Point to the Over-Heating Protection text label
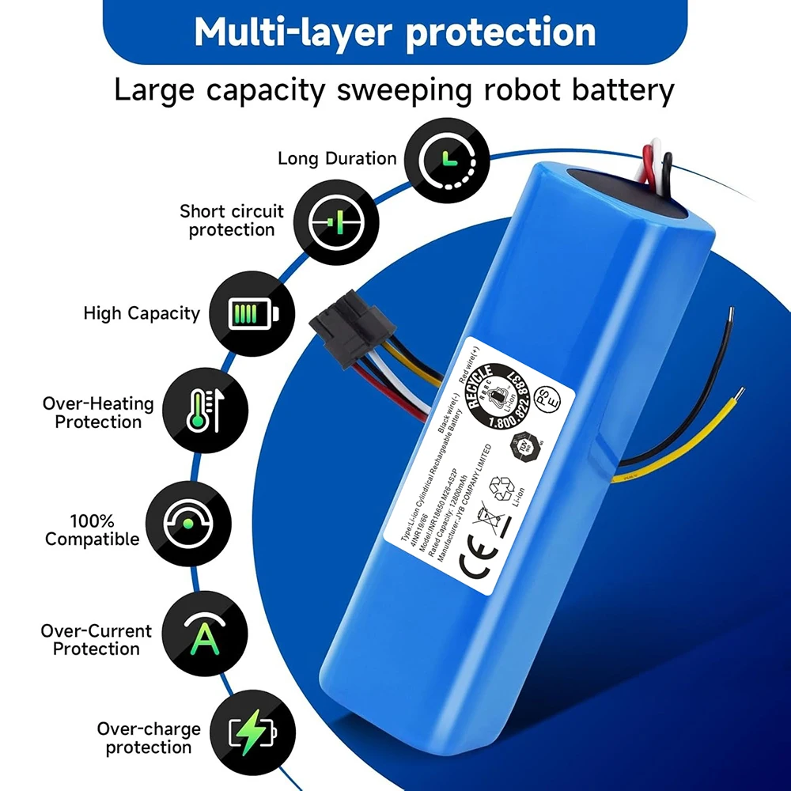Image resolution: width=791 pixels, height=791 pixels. tap(98, 413)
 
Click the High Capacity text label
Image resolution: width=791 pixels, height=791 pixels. tap(142, 313)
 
